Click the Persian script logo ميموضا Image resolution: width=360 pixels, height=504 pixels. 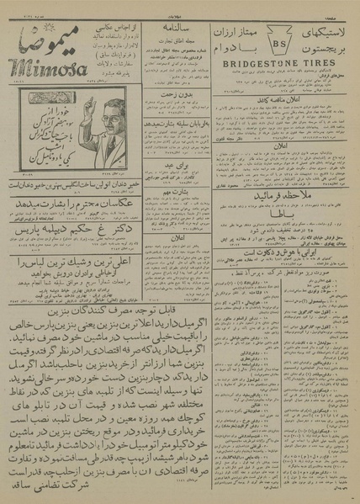point(46,38)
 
